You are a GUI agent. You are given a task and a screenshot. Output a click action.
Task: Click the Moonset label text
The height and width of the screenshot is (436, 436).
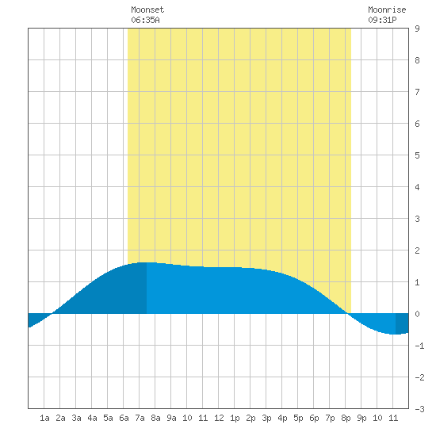(147, 10)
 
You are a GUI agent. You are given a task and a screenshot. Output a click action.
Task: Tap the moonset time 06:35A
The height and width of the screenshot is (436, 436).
(145, 20)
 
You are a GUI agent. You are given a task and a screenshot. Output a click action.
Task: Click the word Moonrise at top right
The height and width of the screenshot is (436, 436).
(387, 10)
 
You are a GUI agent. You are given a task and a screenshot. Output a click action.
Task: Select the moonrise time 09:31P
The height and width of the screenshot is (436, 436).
(382, 20)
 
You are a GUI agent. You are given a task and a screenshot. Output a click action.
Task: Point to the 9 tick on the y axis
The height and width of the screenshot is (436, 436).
(417, 29)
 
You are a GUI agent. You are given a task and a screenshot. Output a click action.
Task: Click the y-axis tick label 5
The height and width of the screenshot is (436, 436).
(417, 155)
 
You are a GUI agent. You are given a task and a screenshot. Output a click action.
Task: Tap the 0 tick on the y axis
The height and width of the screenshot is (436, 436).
(417, 314)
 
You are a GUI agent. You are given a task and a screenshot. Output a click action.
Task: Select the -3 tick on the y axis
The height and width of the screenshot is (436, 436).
(419, 409)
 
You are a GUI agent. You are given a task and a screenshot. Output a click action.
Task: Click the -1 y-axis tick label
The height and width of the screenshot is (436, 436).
(419, 346)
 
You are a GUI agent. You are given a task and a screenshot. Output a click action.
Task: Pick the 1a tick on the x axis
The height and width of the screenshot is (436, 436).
(44, 418)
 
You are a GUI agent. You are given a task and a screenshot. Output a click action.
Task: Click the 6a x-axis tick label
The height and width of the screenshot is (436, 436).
(124, 418)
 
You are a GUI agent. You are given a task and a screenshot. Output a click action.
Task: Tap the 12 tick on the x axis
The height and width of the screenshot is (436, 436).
(219, 418)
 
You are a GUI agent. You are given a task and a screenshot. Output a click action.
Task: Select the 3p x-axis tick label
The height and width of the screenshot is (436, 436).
(266, 418)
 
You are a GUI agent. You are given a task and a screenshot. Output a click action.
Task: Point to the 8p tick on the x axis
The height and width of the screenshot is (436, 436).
(346, 418)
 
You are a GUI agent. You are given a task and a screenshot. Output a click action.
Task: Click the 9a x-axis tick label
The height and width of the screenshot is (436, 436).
(171, 418)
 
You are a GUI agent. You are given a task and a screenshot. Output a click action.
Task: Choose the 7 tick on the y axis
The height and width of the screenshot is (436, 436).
(417, 92)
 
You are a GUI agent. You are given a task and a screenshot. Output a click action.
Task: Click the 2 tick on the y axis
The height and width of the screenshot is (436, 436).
(417, 251)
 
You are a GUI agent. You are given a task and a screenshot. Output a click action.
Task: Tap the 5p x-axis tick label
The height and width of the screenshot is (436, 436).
(298, 418)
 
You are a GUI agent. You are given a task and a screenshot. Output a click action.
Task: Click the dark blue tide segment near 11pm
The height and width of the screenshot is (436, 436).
(402, 323)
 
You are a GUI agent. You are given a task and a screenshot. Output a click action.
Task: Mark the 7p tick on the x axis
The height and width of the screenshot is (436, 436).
(330, 418)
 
